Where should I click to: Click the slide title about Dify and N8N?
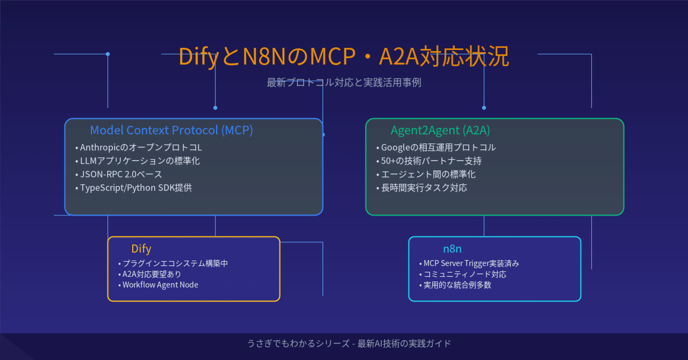click(x=343, y=57)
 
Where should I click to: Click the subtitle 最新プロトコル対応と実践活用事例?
click(x=343, y=83)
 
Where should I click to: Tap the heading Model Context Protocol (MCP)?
click(x=171, y=130)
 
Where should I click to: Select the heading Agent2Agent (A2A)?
click(x=440, y=130)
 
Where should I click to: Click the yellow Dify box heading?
click(x=141, y=249)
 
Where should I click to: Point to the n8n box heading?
click(x=452, y=249)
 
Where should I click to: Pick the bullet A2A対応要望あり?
click(x=152, y=274)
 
